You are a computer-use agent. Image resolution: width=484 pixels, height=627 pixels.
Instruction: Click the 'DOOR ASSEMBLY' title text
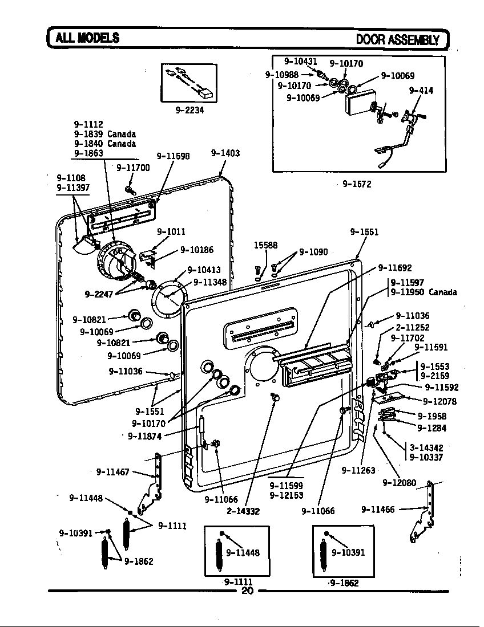398,39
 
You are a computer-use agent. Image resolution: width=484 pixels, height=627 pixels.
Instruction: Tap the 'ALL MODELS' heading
87,38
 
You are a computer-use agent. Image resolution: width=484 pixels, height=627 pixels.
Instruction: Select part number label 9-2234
189,110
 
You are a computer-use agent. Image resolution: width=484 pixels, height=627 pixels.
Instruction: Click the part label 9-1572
357,184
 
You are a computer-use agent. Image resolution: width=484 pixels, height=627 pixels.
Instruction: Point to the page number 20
247,591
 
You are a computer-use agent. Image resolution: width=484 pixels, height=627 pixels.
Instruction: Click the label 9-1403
225,153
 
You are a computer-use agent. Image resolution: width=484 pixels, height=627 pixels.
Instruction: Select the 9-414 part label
421,90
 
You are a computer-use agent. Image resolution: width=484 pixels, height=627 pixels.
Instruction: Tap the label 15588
265,245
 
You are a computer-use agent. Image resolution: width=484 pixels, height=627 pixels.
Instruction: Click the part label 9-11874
144,436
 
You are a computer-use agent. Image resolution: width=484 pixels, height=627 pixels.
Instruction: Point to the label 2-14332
243,511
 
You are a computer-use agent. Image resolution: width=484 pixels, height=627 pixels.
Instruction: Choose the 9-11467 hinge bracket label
113,471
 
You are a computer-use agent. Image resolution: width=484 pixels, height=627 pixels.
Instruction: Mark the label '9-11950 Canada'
424,292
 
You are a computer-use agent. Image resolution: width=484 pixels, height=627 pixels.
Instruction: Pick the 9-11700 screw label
133,168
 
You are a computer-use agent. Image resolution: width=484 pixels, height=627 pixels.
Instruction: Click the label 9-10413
204,270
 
